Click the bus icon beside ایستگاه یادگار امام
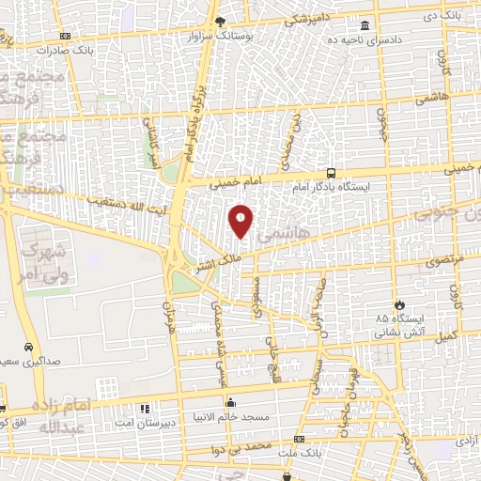click(331, 173)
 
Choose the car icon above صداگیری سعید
click(29, 346)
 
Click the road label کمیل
click(448, 335)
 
